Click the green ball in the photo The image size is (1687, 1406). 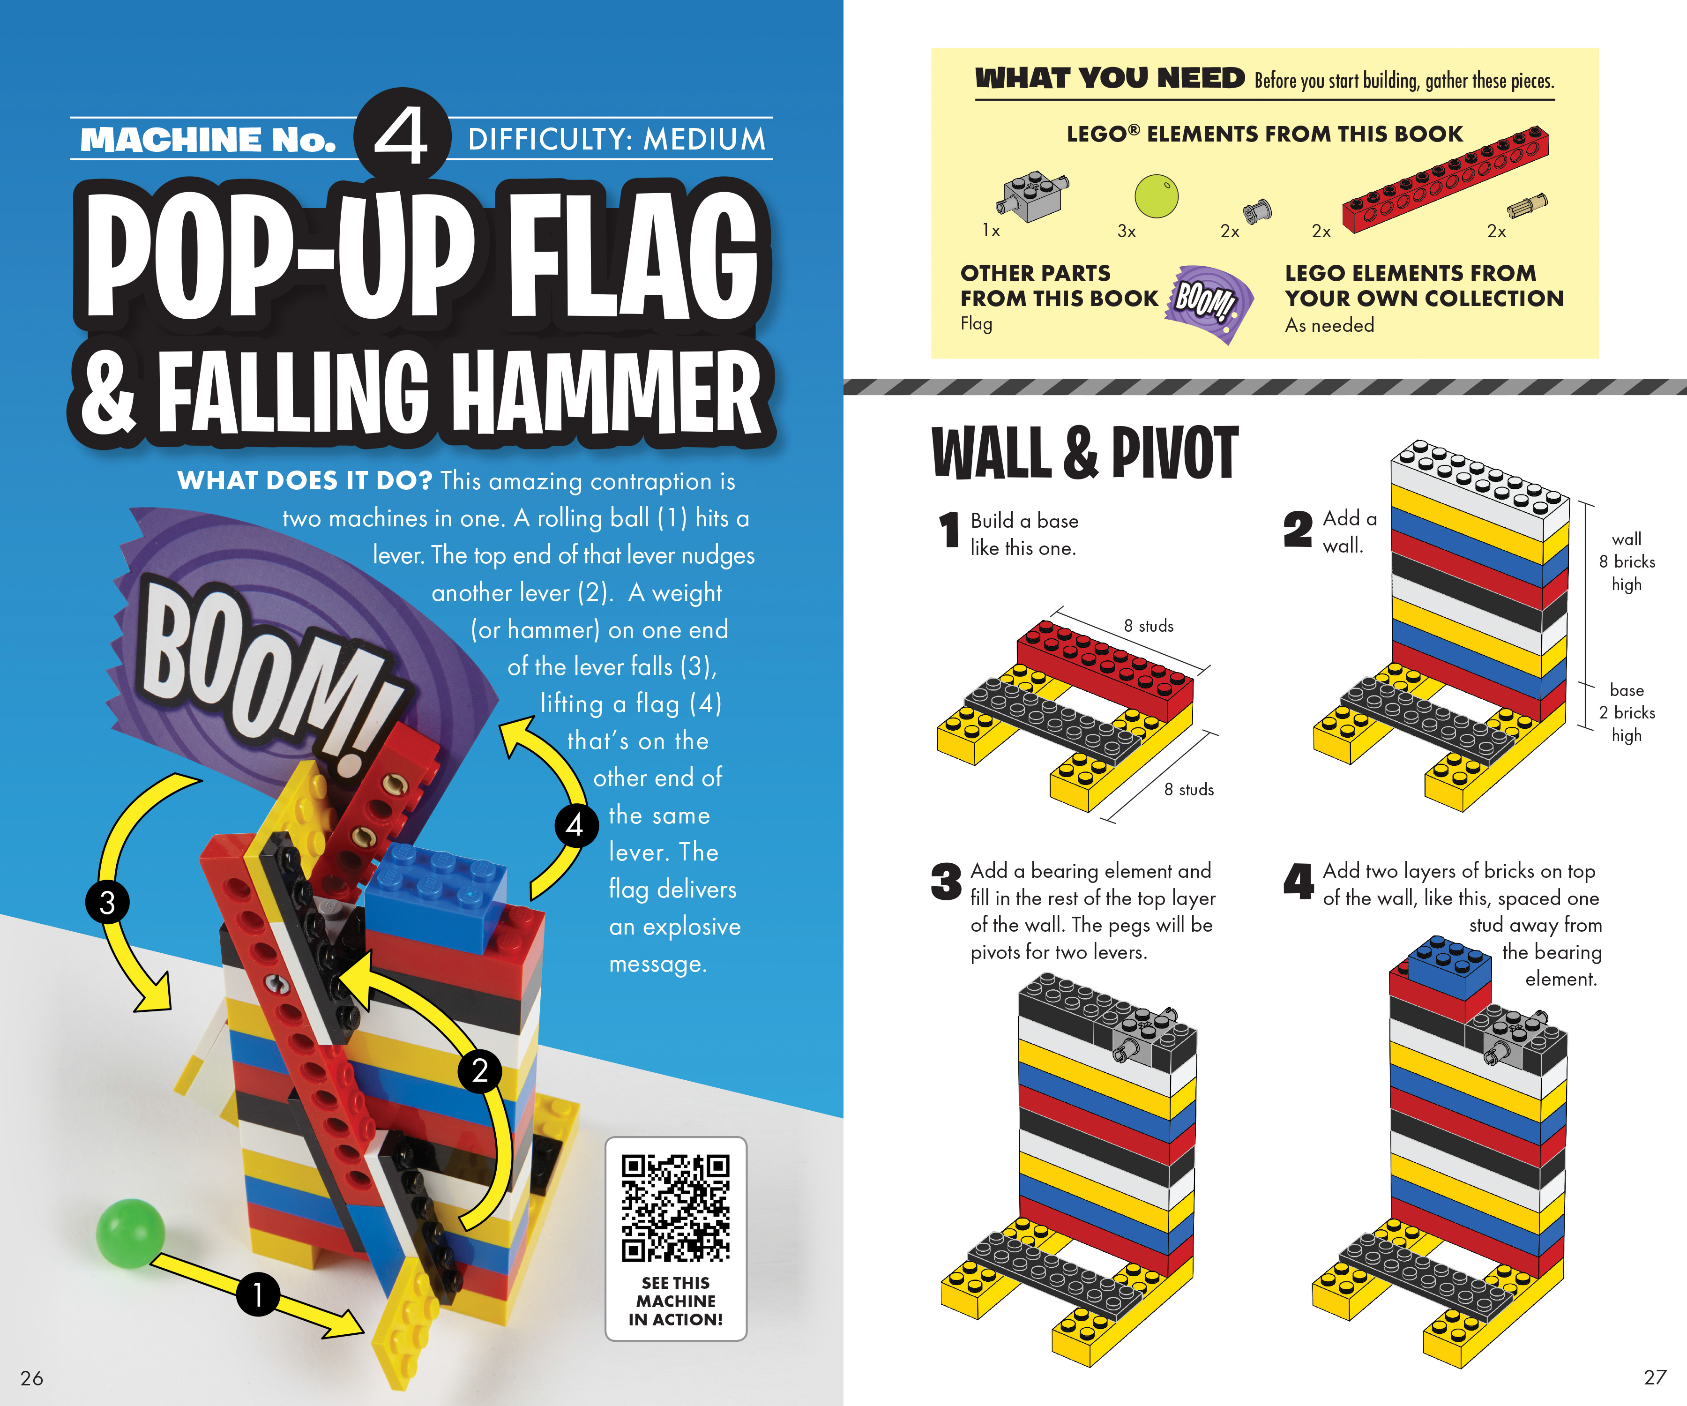click(x=130, y=1233)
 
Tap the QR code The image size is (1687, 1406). click(x=676, y=1208)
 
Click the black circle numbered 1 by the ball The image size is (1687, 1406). click(x=257, y=1294)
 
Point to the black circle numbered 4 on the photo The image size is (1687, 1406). click(x=575, y=825)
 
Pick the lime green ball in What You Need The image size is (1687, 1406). click(x=1156, y=195)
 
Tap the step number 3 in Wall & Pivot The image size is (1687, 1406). click(x=946, y=882)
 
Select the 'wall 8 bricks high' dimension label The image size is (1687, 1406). click(x=1627, y=561)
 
